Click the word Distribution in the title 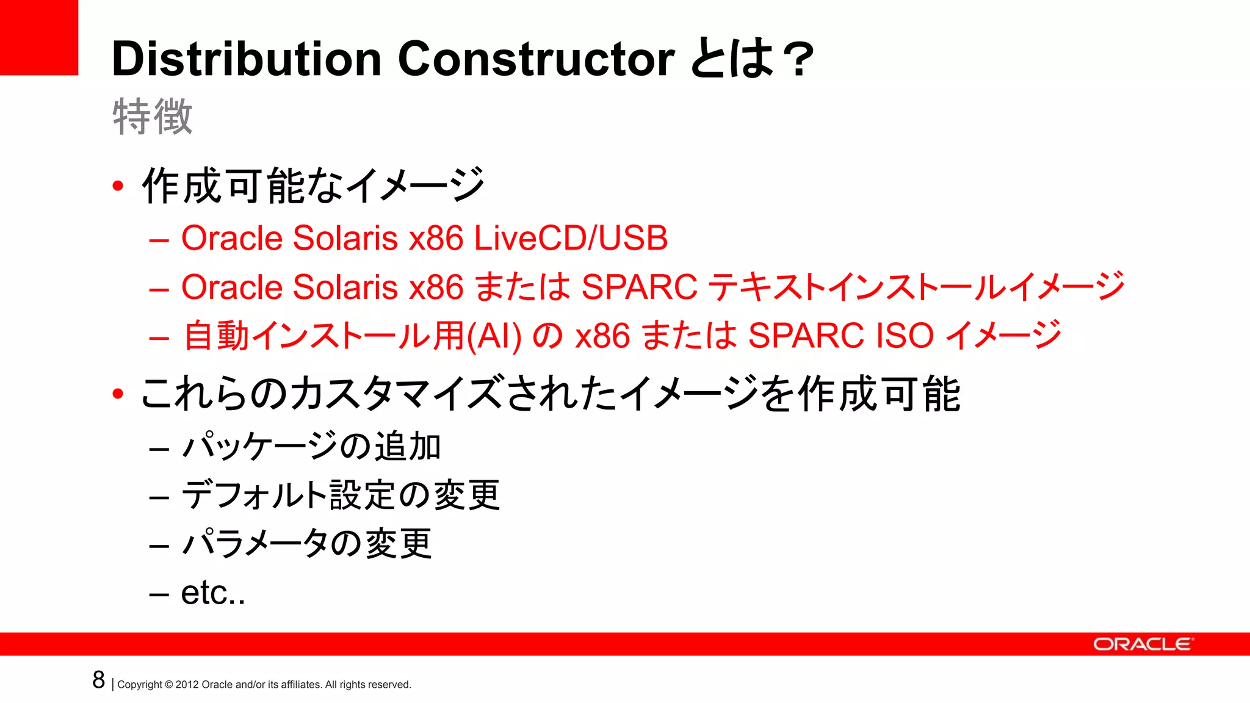[247, 59]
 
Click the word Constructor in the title [536, 59]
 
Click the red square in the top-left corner [38, 37]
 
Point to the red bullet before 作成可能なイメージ [118, 186]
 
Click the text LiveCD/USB [571, 238]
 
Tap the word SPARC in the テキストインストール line [639, 287]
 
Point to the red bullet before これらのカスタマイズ [118, 394]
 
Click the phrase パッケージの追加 [311, 446]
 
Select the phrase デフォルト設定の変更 [341, 495]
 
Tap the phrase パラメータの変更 [307, 543]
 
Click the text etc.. [212, 593]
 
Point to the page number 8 [99, 680]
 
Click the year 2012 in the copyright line [187, 685]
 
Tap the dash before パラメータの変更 [159, 545]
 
